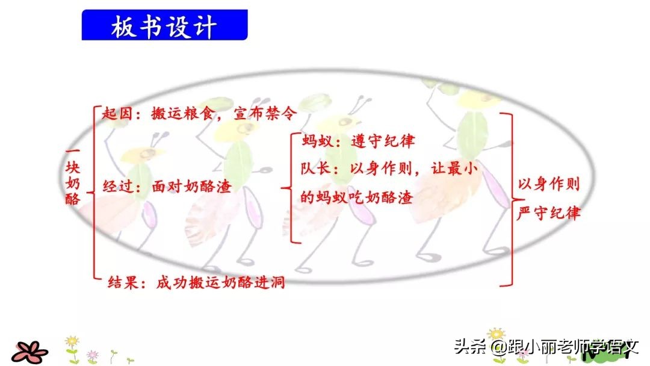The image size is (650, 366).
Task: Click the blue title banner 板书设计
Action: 164,26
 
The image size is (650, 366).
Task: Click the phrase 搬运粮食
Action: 193,113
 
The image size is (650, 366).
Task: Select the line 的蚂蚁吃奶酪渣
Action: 357,197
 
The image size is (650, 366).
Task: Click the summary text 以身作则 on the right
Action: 549,184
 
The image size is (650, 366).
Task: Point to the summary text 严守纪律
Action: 549,212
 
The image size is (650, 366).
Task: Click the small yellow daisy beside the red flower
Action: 72,344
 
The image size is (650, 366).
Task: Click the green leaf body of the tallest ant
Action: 471,134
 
